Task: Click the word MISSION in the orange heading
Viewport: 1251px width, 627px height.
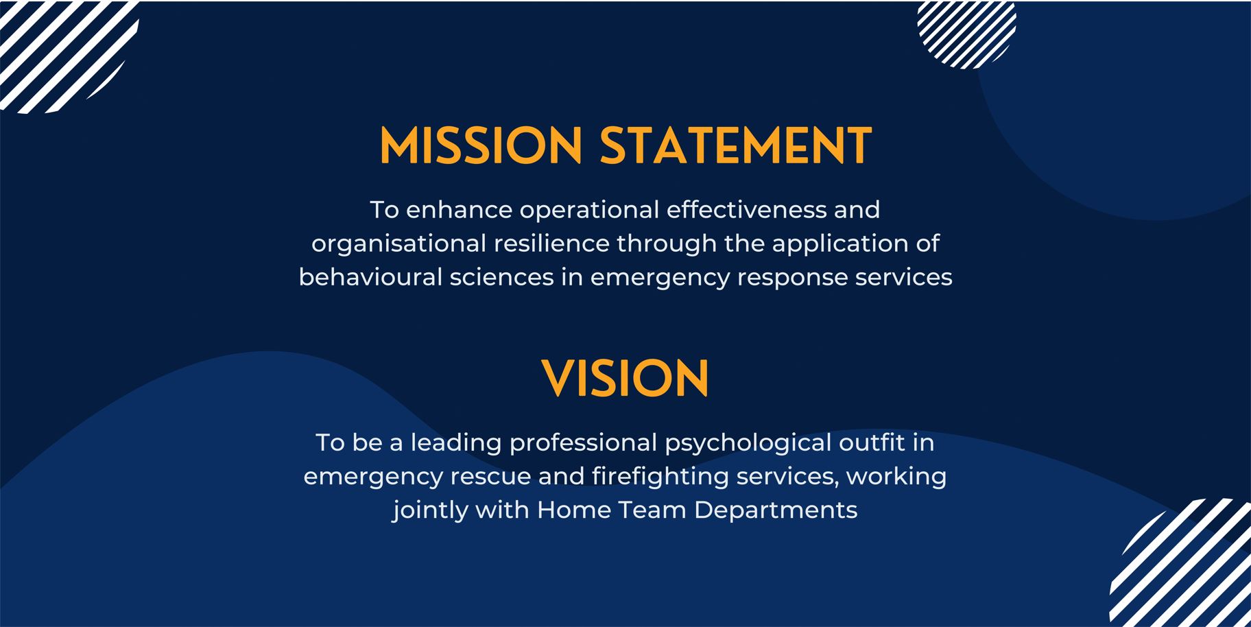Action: coord(481,145)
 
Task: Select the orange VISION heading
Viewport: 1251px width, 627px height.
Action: coord(625,378)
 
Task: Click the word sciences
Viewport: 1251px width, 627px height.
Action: coord(501,277)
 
